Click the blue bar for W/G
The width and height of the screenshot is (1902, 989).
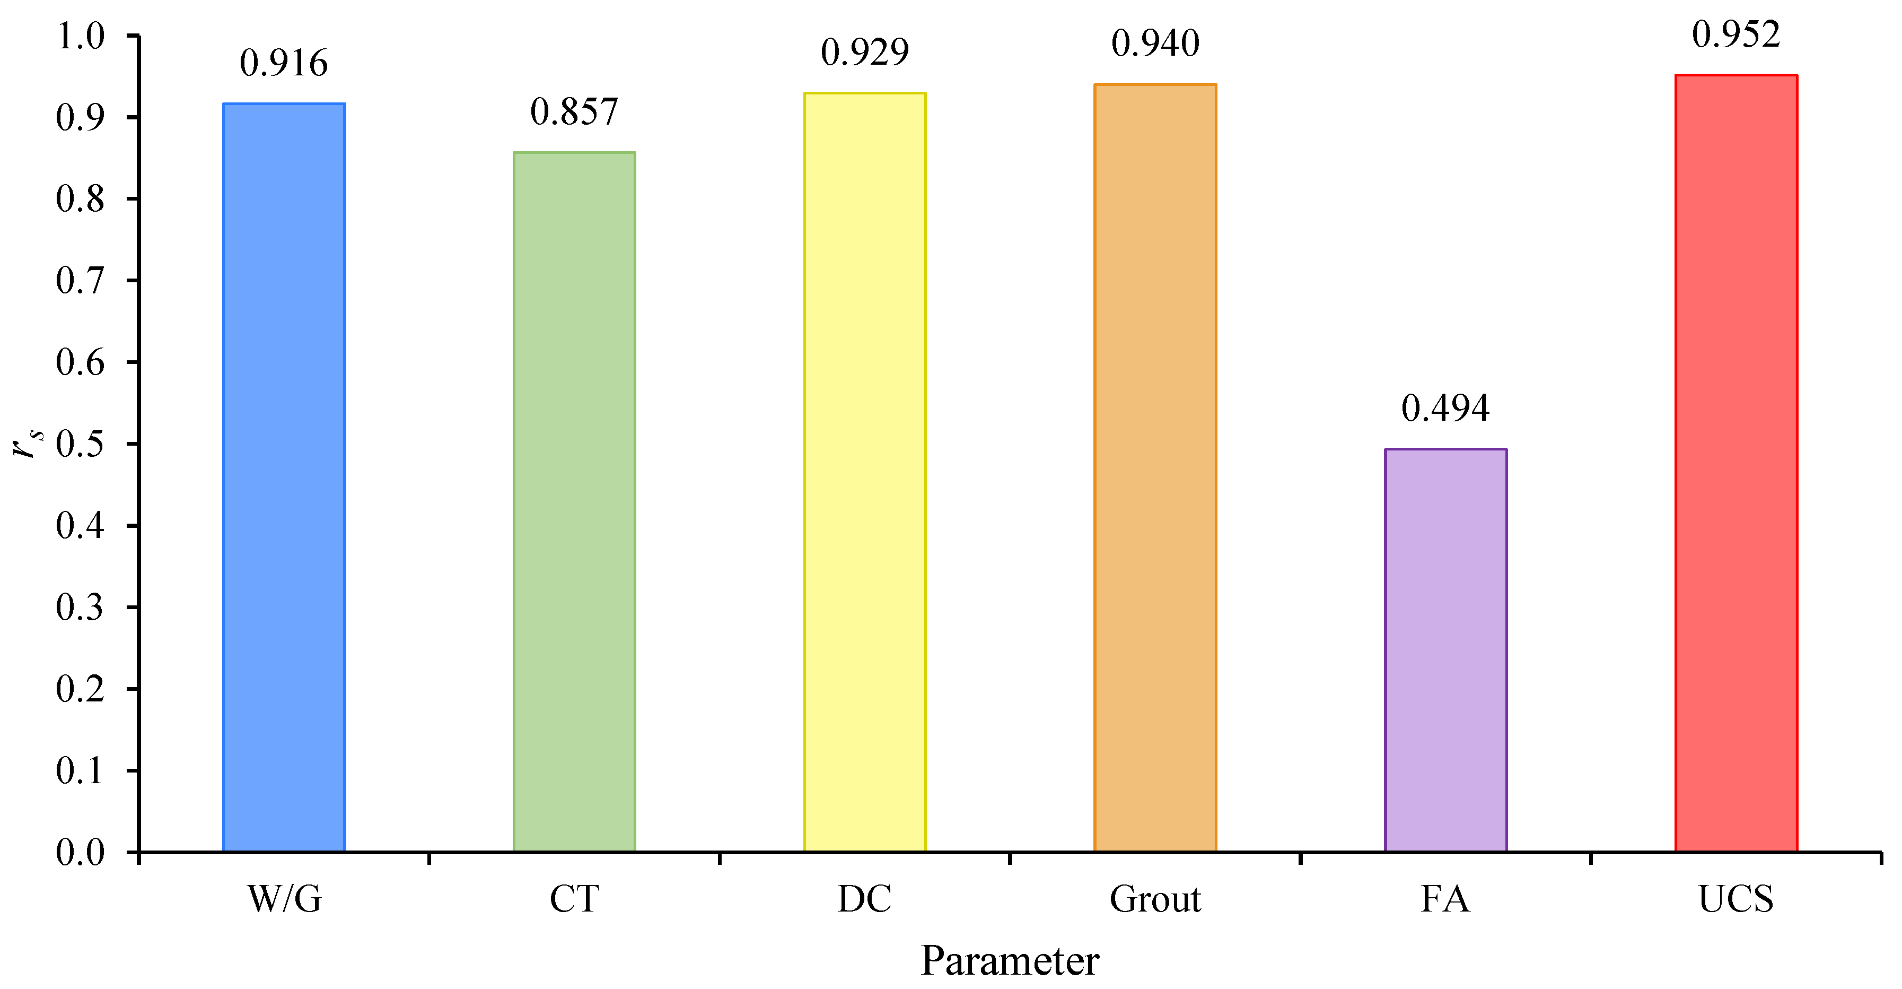click(x=284, y=478)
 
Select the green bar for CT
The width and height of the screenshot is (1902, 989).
click(x=574, y=502)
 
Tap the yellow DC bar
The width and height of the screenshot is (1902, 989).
click(x=865, y=473)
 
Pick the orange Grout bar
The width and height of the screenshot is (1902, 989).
click(x=1155, y=469)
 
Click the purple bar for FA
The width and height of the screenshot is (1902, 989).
click(x=1445, y=650)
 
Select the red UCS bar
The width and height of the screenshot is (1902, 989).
click(x=1736, y=463)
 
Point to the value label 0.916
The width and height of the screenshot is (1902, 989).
click(x=284, y=64)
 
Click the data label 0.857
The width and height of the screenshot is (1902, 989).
click(x=574, y=112)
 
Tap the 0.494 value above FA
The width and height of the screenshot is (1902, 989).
click(x=1445, y=409)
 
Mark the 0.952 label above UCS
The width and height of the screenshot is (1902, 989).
click(x=1736, y=34)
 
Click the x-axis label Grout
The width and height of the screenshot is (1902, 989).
click(x=1155, y=900)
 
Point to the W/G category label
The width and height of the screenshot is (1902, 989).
click(x=284, y=900)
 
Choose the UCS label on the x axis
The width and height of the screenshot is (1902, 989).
click(x=1736, y=900)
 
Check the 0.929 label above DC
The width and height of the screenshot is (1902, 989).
click(x=865, y=53)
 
